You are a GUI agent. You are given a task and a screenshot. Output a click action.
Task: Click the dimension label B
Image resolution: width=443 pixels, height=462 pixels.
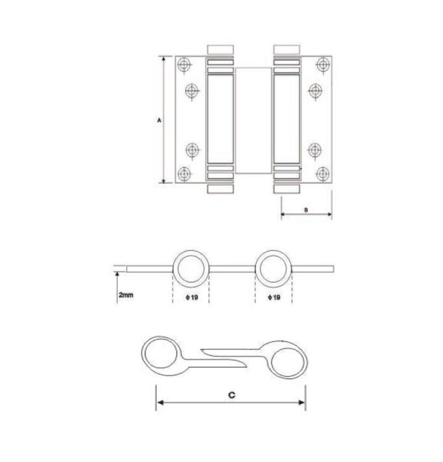pos(306,209)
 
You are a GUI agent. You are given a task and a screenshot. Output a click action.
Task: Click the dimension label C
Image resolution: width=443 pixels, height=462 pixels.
pos(231,395)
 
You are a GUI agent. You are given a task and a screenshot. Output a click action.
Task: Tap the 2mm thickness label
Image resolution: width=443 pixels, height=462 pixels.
pos(125,295)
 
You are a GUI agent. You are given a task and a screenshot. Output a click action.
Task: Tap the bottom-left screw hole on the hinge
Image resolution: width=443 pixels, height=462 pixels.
pos(184,174)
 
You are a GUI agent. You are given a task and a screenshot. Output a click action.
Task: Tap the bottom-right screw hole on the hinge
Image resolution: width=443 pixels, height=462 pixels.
pos(323,174)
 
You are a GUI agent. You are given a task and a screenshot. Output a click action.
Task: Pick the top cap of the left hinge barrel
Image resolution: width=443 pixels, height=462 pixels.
pos(221,49)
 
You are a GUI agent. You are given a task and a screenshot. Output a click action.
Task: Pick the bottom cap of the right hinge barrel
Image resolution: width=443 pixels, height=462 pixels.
pos(287,189)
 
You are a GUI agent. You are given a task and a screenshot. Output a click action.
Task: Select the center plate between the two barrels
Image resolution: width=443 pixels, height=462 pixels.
pos(253,120)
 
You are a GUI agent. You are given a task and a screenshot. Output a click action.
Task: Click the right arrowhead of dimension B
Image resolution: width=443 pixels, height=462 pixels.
pos(329,215)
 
